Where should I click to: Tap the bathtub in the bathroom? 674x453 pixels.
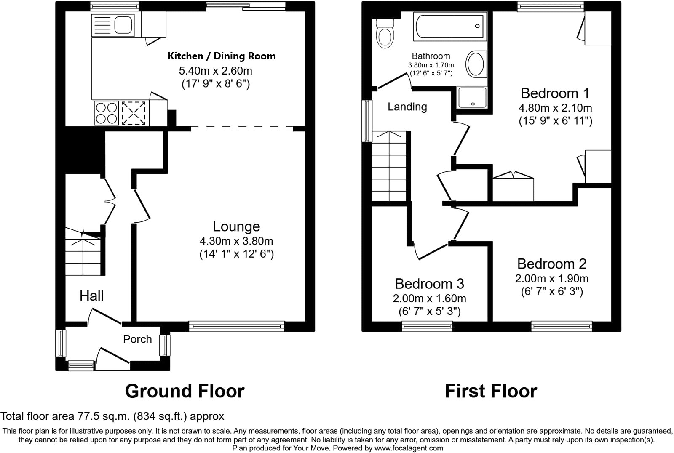tap(450, 26)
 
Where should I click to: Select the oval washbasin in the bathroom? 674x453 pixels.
tap(476, 64)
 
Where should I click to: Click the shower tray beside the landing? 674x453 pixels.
tap(471, 97)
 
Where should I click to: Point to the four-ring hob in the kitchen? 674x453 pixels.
tap(106, 113)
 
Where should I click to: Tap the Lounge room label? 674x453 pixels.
tap(236, 226)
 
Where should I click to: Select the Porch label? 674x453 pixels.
tap(137, 339)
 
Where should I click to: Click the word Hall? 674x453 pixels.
tap(91, 296)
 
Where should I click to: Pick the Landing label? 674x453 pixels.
tap(407, 107)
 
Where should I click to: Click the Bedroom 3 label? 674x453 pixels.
tap(429, 284)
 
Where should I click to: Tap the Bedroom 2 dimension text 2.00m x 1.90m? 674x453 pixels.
tap(551, 279)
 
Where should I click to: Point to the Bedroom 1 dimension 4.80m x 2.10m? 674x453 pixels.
tap(555, 108)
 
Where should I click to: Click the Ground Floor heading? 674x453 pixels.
tap(185, 391)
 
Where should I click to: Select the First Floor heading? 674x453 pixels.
tap(491, 391)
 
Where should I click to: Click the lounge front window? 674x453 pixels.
tap(236, 326)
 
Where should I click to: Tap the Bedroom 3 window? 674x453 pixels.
tap(427, 326)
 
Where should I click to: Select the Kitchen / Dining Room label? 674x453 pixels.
tap(222, 56)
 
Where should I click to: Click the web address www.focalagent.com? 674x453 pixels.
tap(409, 448)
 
